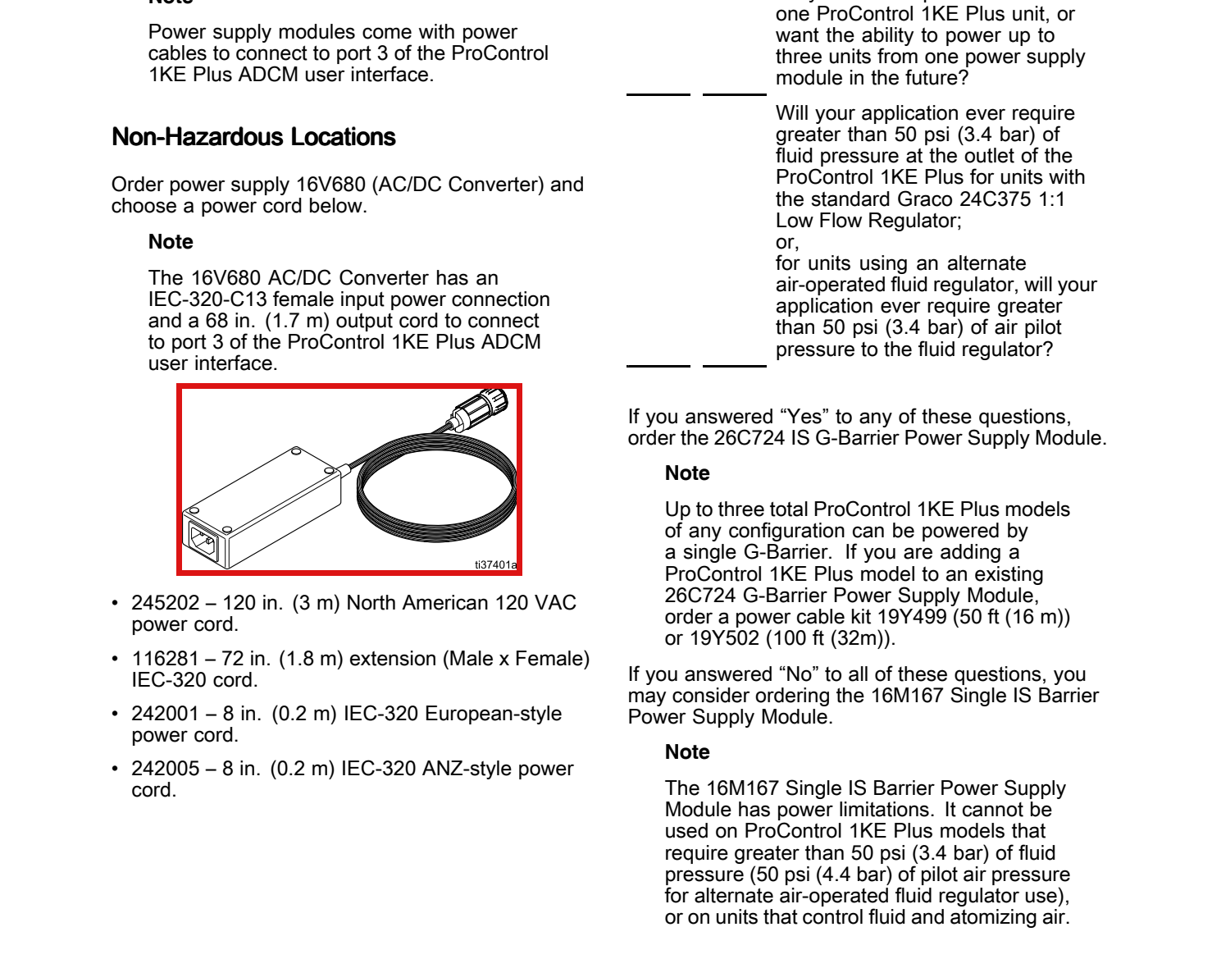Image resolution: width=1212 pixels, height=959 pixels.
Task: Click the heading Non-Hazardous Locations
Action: pos(253,137)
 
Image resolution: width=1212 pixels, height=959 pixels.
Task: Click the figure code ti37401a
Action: pos(495,564)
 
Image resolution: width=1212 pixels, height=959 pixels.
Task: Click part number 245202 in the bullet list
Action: pos(166,603)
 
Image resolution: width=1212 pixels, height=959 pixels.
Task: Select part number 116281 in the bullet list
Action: pos(166,659)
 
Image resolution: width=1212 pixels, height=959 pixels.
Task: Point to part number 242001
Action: pos(166,714)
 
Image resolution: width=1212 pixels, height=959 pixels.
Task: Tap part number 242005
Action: pos(166,769)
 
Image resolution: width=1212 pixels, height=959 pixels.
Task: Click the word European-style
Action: pos(493,714)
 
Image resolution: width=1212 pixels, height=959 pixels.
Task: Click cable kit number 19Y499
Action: pos(912,616)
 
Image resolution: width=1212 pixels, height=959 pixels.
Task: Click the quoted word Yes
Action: pos(804,417)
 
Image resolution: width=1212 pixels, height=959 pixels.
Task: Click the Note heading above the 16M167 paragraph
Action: pos(687,751)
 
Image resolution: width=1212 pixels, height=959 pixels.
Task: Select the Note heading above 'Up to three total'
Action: pos(687,473)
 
